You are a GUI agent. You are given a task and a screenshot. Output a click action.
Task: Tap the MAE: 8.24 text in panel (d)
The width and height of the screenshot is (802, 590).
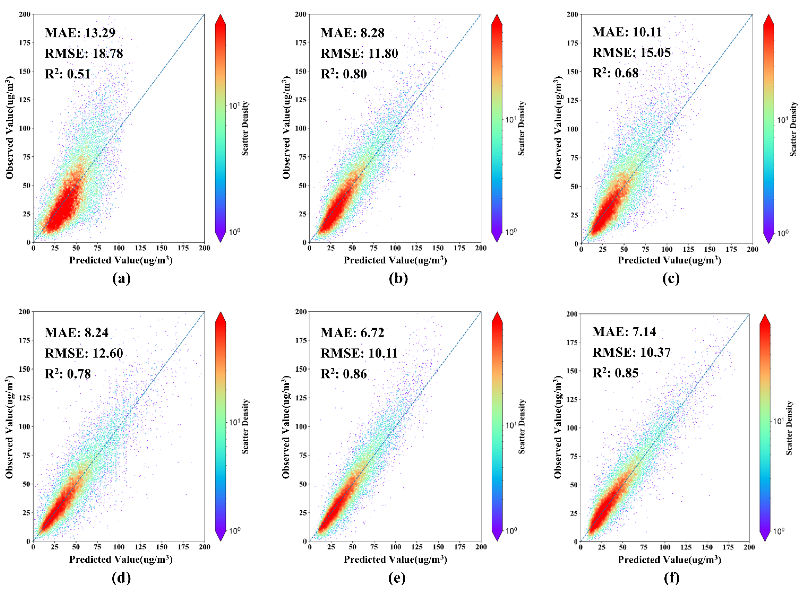(x=76, y=333)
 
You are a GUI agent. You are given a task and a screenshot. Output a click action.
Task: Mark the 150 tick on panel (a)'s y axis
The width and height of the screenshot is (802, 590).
(x=25, y=71)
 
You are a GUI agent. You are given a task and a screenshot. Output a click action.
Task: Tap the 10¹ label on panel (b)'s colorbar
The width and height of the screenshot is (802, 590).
(x=510, y=119)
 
